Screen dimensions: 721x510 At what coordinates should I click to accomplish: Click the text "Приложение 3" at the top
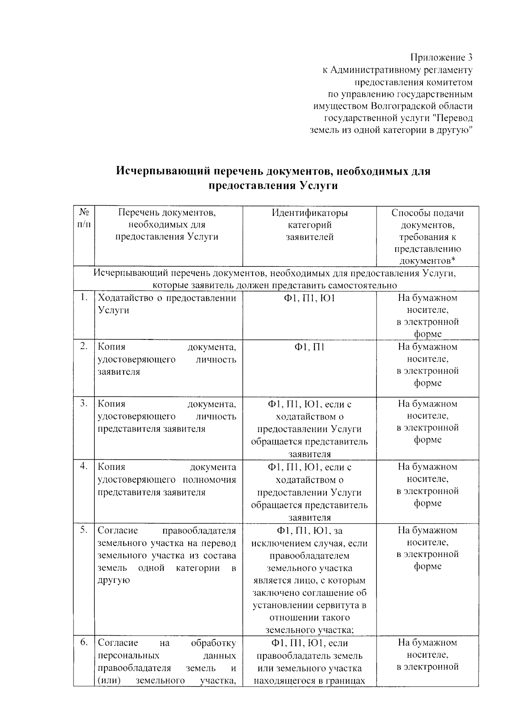[441, 57]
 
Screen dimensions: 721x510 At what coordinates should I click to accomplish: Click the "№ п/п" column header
[84, 218]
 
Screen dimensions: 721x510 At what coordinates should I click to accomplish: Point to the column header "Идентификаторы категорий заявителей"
[309, 225]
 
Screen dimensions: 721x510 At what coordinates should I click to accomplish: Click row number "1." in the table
[84, 298]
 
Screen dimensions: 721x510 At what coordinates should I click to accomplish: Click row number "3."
[84, 403]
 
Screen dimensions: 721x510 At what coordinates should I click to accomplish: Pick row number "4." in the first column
[84, 467]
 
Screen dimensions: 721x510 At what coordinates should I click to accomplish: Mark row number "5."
[84, 530]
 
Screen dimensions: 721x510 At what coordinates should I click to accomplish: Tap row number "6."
[84, 642]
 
